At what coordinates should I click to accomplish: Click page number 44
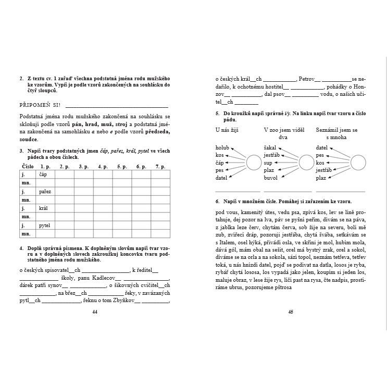click(94, 312)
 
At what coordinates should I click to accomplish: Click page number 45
click(291, 312)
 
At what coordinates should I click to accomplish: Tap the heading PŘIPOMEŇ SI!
click(40, 105)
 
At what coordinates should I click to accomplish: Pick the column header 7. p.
click(159, 167)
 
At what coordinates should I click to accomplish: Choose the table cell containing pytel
click(45, 226)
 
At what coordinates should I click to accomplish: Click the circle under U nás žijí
click(254, 163)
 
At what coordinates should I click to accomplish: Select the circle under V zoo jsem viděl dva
click(306, 163)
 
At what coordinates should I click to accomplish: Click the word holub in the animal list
click(222, 148)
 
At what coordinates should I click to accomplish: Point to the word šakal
click(270, 148)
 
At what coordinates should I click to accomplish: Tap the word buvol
click(270, 178)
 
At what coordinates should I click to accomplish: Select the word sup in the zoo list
click(268, 163)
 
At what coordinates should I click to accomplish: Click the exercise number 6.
click(217, 201)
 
